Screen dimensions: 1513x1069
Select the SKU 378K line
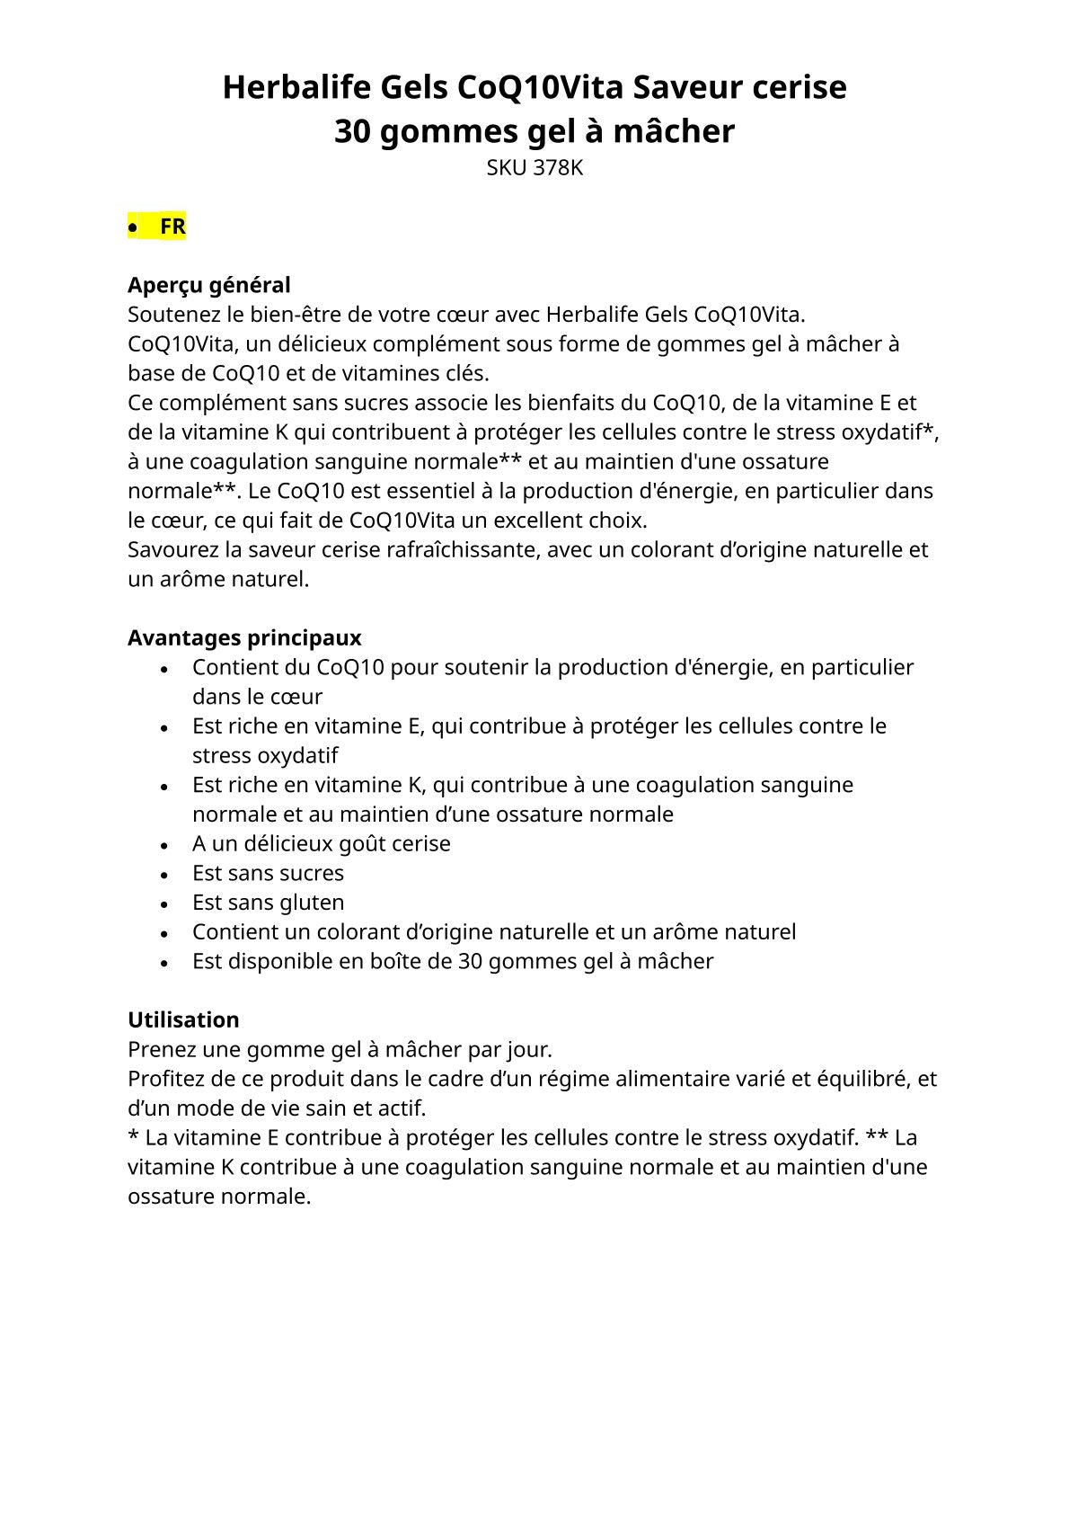click(x=534, y=168)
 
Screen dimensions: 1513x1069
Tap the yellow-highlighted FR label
click(x=172, y=227)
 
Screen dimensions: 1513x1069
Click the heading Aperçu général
click(x=208, y=285)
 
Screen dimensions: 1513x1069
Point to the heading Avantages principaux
click(x=244, y=638)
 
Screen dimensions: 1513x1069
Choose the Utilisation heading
click(x=183, y=1020)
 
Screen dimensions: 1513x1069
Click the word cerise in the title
click(x=799, y=88)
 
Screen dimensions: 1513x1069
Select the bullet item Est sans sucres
click(x=268, y=873)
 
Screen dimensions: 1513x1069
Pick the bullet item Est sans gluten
click(x=268, y=903)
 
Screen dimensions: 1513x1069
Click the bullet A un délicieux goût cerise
click(x=321, y=844)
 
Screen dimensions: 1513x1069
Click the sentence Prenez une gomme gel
click(x=340, y=1050)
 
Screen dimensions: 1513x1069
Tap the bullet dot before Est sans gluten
click(x=164, y=903)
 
